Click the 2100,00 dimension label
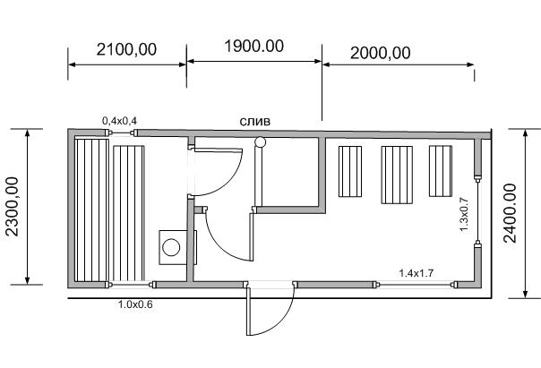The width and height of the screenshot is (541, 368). (x=126, y=49)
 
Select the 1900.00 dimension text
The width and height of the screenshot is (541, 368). (x=254, y=47)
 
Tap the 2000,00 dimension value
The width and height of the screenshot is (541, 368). (x=380, y=53)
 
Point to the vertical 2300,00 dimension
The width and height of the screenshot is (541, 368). (x=13, y=206)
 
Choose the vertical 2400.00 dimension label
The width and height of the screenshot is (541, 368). (x=510, y=213)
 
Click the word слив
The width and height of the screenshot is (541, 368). (x=255, y=122)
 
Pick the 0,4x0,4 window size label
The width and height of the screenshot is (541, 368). (x=119, y=121)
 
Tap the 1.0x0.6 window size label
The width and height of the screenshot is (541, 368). (x=135, y=304)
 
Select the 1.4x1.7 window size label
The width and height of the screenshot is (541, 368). (x=416, y=273)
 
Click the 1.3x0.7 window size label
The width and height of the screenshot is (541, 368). (x=464, y=214)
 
